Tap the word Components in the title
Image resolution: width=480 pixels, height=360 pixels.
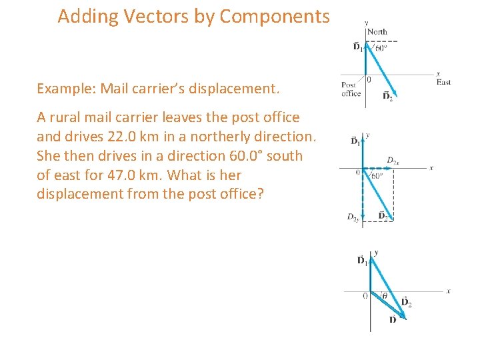pyautogui.click(x=274, y=17)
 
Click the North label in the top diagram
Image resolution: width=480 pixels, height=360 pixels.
pyautogui.click(x=377, y=31)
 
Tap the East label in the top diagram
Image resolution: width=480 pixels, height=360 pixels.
pyautogui.click(x=443, y=82)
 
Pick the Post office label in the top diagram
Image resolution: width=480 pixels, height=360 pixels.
pyautogui.click(x=351, y=89)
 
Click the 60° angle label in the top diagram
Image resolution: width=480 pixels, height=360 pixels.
pyautogui.click(x=380, y=47)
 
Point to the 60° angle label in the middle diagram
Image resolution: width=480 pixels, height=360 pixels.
pyautogui.click(x=376, y=176)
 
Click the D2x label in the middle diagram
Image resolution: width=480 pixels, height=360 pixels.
pyautogui.click(x=393, y=161)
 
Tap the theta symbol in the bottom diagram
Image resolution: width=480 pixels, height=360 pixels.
pyautogui.click(x=385, y=297)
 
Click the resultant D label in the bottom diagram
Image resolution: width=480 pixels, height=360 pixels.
pyautogui.click(x=392, y=320)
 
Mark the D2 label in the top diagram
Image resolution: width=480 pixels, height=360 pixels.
pyautogui.click(x=387, y=97)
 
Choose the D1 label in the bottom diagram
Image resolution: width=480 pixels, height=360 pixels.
pyautogui.click(x=362, y=260)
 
